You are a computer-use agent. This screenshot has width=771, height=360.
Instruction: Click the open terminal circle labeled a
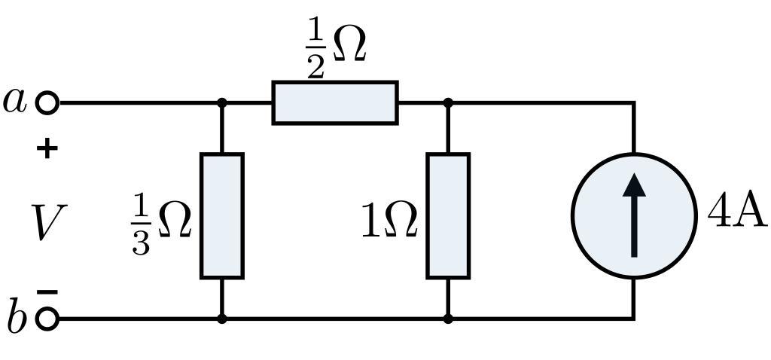[47, 102]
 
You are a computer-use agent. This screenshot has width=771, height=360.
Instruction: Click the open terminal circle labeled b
[47, 319]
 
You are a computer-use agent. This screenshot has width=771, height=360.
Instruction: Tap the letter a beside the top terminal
[15, 100]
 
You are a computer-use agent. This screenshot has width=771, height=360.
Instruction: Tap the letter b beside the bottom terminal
[17, 317]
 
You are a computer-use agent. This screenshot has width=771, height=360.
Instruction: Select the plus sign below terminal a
[47, 148]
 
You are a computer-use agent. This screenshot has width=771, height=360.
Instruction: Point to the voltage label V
[45, 223]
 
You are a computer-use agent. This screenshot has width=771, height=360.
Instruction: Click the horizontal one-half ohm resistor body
[335, 102]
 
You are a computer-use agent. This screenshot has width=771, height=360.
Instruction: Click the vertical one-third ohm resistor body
[221, 215]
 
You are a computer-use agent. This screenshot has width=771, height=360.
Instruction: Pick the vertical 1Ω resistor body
[448, 215]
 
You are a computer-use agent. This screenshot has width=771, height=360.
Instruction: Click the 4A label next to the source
[737, 213]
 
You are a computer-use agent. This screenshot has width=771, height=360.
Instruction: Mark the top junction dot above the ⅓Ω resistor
[221, 102]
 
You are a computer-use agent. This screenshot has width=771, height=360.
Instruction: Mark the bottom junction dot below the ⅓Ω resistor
[221, 319]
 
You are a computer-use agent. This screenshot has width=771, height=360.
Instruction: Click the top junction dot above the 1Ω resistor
[448, 102]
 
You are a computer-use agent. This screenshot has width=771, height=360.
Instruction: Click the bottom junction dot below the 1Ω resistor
[448, 319]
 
